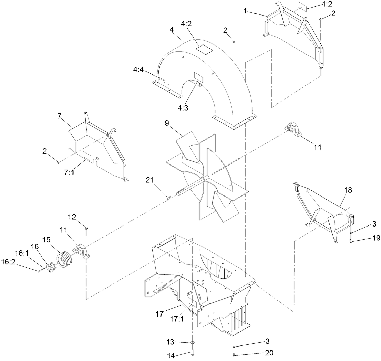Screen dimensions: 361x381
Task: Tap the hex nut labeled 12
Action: [86, 228]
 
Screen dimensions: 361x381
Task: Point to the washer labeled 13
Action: [192, 342]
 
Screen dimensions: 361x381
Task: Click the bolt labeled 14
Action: [192, 353]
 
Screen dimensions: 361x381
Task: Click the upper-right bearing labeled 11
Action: [293, 130]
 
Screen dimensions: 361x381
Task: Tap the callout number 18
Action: [348, 190]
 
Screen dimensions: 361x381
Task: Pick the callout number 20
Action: [269, 353]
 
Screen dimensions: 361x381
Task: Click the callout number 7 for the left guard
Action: [59, 117]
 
